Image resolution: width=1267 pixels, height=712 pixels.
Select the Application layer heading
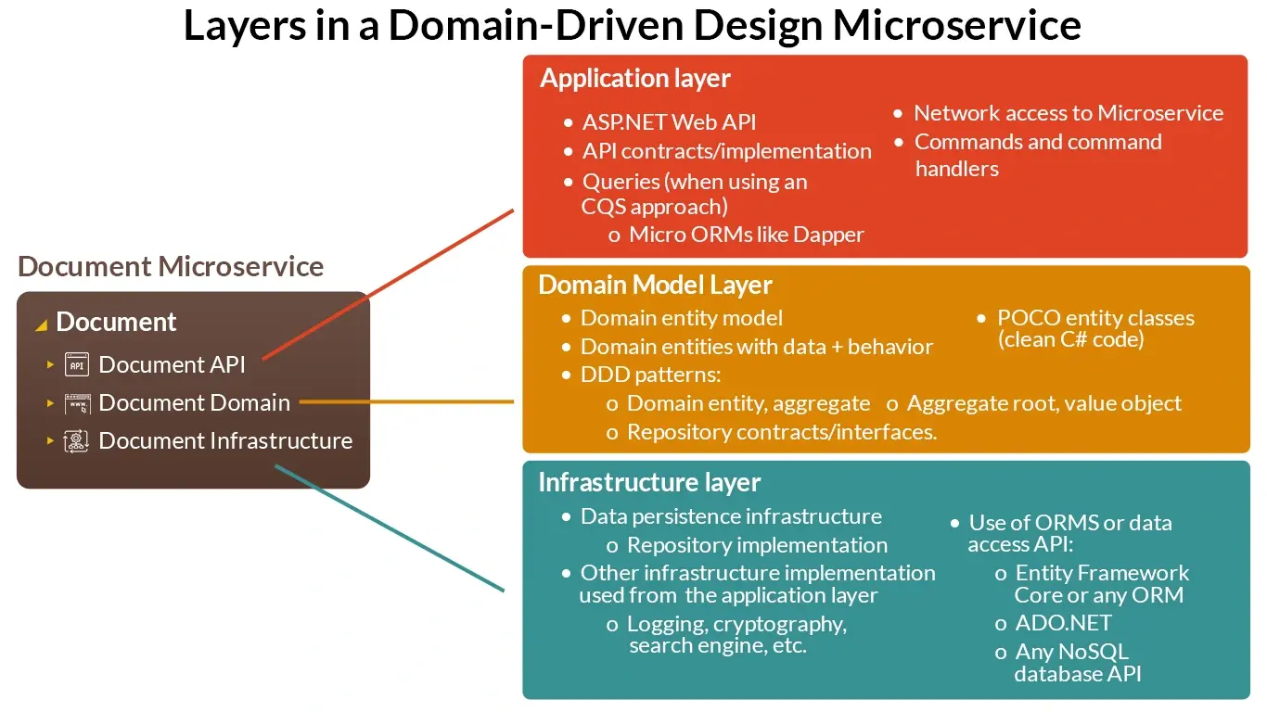point(635,79)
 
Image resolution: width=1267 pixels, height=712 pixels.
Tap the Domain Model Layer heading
point(655,285)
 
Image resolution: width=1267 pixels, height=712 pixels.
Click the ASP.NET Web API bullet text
point(669,122)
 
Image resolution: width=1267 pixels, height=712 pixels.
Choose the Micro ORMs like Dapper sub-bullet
point(746,235)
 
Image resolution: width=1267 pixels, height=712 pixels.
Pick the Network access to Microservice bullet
point(1069,113)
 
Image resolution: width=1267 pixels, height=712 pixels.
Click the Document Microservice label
point(171,267)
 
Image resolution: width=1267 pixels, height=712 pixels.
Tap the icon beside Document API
point(77,365)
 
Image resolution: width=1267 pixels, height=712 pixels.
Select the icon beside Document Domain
point(77,403)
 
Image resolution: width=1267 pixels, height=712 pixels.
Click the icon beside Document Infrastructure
point(77,441)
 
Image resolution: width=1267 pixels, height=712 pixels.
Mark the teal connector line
point(390,528)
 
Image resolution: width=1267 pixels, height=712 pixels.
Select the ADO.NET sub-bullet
point(1063,623)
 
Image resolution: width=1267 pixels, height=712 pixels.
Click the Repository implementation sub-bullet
point(757,545)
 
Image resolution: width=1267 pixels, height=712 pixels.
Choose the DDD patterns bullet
point(650,375)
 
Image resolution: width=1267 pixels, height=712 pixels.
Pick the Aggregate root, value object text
point(1043,403)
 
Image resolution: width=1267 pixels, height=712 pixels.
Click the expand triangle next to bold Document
point(41,324)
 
